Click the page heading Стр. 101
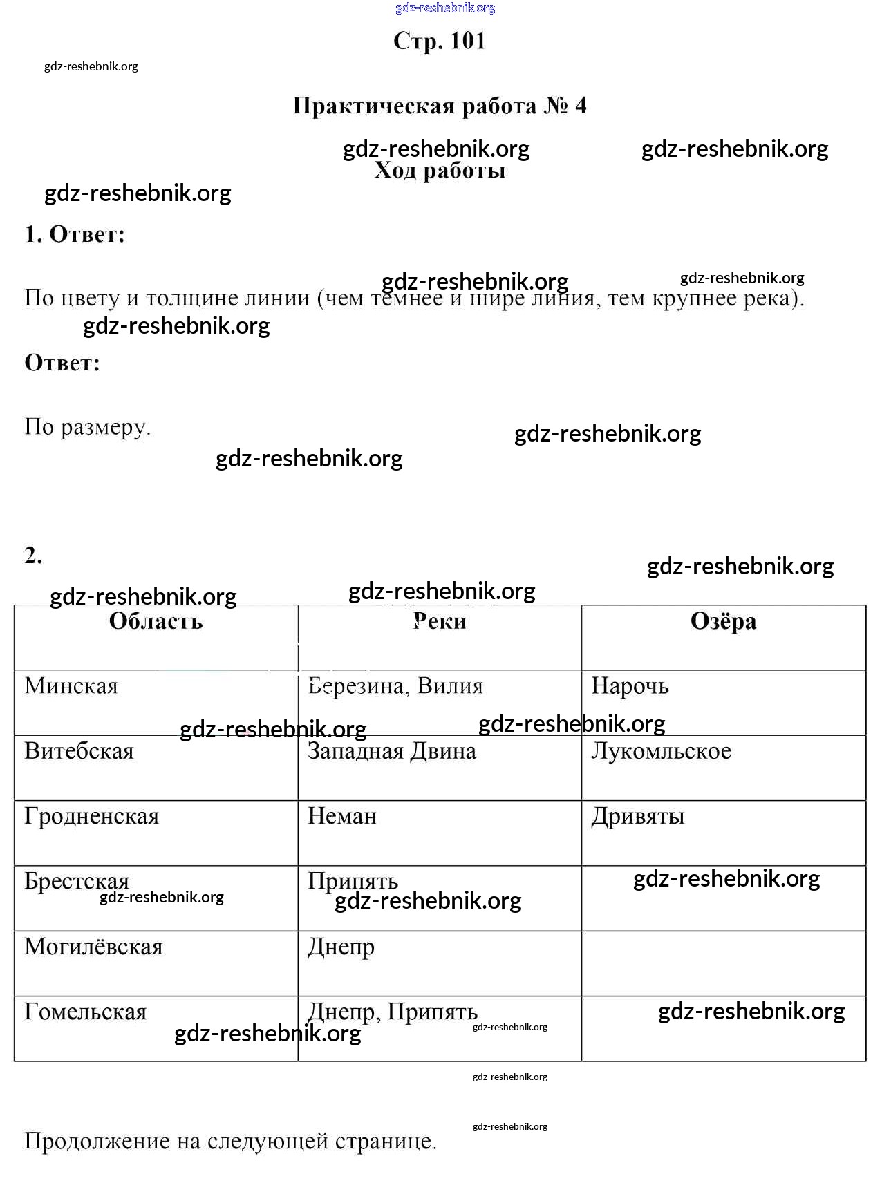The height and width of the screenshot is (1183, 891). coord(440,41)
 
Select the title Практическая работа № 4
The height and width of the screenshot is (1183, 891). coord(440,106)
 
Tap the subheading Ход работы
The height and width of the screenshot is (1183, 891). coord(440,171)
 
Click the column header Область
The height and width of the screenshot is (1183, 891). coord(156,621)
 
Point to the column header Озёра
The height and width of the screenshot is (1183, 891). coord(723,621)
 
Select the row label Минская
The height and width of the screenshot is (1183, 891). coord(71,686)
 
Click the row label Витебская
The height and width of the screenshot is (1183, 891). coord(79,751)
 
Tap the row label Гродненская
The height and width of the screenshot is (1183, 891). coord(91,816)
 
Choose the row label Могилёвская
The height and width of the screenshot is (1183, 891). coord(93,947)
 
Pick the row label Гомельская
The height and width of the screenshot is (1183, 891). coord(86,1012)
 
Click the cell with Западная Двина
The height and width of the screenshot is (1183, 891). coord(392,751)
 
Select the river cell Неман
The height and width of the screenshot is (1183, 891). coord(342,816)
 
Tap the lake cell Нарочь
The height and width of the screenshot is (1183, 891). coord(630,686)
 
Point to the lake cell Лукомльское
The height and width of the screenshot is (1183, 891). coord(661,751)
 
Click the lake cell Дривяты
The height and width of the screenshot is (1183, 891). coord(637,816)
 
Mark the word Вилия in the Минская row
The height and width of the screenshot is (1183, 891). coord(450,686)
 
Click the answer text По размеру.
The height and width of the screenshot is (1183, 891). coord(87,427)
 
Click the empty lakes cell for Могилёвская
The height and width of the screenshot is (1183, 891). coord(723,963)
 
